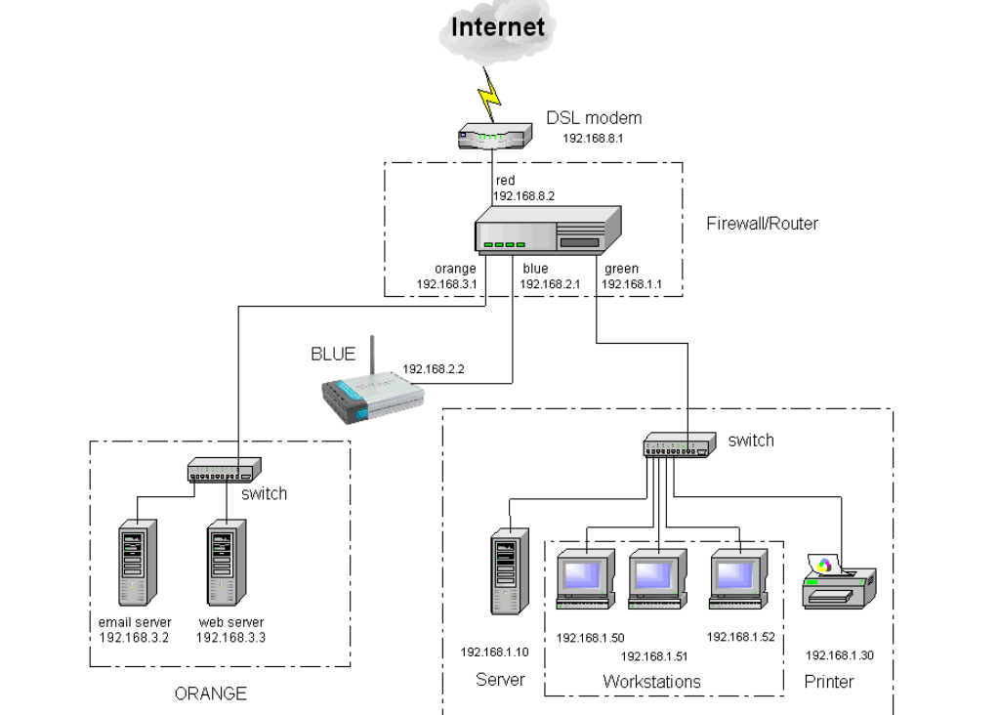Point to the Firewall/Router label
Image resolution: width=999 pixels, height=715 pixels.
(x=762, y=224)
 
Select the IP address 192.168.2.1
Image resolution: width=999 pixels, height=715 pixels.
(x=549, y=285)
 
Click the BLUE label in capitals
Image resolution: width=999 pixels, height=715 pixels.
(x=333, y=355)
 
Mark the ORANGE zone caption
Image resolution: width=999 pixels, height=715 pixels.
(x=210, y=694)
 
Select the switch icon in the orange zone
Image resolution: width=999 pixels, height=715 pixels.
(x=225, y=472)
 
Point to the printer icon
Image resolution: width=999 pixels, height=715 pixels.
(x=838, y=581)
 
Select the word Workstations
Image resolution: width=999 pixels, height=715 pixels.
(x=651, y=681)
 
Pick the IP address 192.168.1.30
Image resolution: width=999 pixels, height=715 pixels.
(x=840, y=654)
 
